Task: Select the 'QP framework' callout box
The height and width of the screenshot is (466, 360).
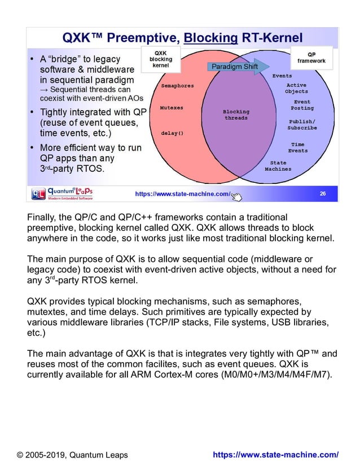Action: pyautogui.click(x=315, y=57)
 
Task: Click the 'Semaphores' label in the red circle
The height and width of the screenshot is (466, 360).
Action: pyautogui.click(x=177, y=86)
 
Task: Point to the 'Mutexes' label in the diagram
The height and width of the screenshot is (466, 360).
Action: pyautogui.click(x=172, y=106)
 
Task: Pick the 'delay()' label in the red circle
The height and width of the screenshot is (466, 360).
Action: pyautogui.click(x=172, y=133)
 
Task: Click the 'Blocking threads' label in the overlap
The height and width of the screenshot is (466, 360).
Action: pyautogui.click(x=236, y=115)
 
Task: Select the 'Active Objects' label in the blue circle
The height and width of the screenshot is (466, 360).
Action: pyautogui.click(x=296, y=88)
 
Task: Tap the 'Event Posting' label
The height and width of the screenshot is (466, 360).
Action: pyautogui.click(x=302, y=105)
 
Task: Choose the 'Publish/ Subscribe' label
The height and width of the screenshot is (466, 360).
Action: pyautogui.click(x=303, y=125)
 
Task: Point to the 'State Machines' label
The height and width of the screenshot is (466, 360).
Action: pyautogui.click(x=278, y=166)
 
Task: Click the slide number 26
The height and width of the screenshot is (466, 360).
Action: pyautogui.click(x=322, y=194)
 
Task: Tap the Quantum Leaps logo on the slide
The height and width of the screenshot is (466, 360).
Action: pyautogui.click(x=62, y=194)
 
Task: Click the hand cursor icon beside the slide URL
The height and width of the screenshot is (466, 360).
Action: pyautogui.click(x=236, y=196)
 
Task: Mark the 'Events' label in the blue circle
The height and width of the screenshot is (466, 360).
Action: pyautogui.click(x=282, y=75)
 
